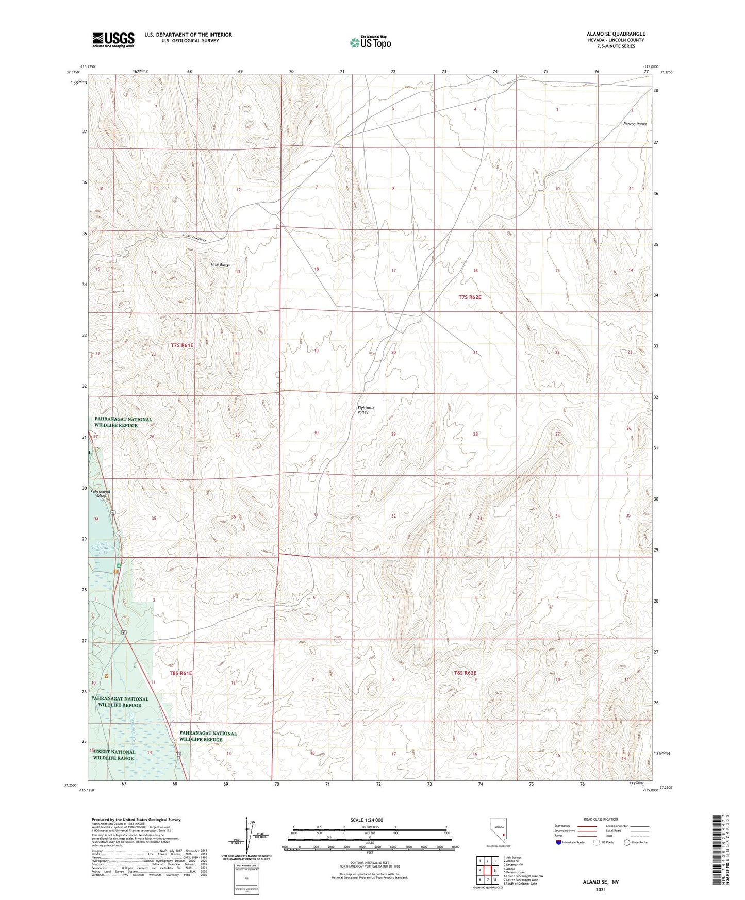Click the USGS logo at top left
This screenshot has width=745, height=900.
pyautogui.click(x=113, y=40)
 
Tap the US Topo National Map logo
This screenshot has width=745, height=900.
pyautogui.click(x=370, y=42)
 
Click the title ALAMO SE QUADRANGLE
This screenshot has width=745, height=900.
pyautogui.click(x=615, y=34)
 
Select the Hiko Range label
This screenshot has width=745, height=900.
pyautogui.click(x=221, y=264)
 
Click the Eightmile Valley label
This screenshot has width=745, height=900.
pyautogui.click(x=366, y=410)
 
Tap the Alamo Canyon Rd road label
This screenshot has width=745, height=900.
pyautogui.click(x=194, y=239)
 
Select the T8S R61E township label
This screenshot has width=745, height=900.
pyautogui.click(x=180, y=673)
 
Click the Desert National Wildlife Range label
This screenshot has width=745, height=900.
pyautogui.click(x=114, y=755)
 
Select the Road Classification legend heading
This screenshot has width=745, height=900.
pyautogui.click(x=601, y=819)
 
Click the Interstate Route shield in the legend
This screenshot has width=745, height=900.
pyautogui.click(x=559, y=842)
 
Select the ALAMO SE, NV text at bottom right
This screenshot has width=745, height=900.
pyautogui.click(x=601, y=882)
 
